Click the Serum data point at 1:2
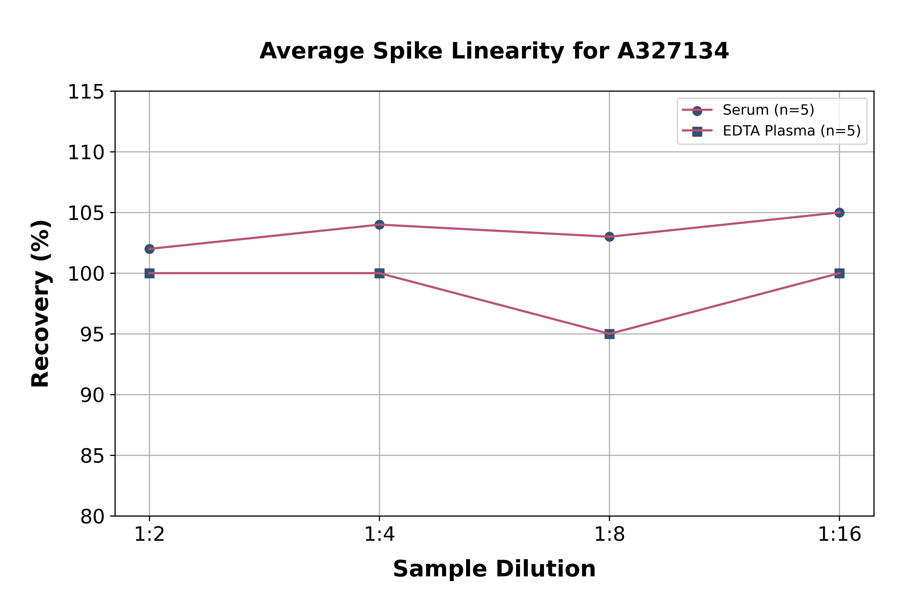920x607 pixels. pos(149,249)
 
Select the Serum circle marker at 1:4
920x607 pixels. pos(379,225)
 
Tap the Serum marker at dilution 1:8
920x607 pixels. pos(609,236)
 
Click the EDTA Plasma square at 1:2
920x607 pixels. pos(149,273)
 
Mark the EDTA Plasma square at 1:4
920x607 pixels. pos(379,273)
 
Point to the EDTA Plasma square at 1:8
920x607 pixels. pos(609,334)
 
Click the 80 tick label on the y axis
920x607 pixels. pos(92,516)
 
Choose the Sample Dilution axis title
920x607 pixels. pos(494,569)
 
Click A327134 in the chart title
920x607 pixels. pos(673,51)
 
